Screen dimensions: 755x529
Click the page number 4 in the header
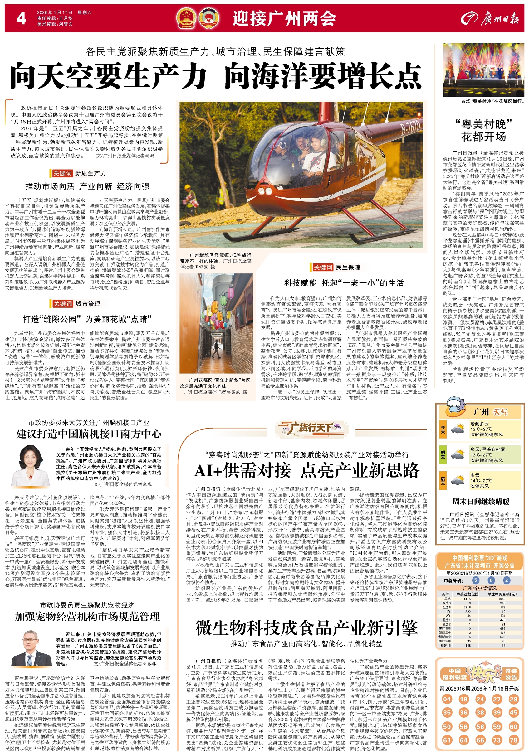click(21, 18)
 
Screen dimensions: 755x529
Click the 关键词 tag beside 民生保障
click(322, 267)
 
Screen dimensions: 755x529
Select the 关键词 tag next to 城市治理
click(62, 304)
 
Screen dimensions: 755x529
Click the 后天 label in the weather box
click(443, 480)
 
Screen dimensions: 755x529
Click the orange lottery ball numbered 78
click(513, 740)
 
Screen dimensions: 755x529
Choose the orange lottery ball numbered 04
click(447, 699)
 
